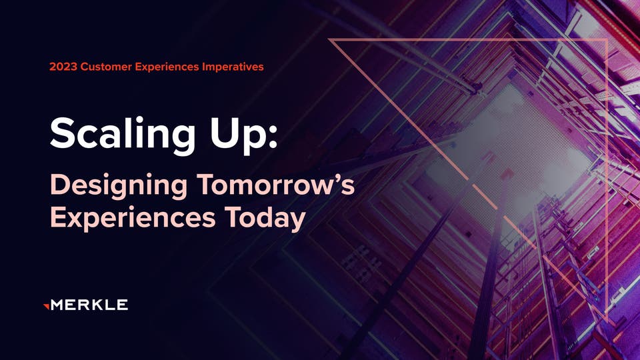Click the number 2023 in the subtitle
(x=62, y=67)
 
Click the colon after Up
(x=270, y=137)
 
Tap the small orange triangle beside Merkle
(x=45, y=305)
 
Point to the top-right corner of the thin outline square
(x=605, y=40)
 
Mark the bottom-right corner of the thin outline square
(x=605, y=313)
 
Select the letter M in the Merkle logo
(x=57, y=305)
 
